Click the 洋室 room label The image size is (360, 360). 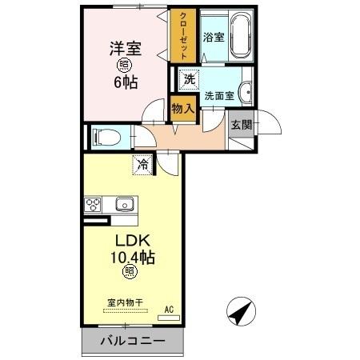126,47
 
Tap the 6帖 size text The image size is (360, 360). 126,82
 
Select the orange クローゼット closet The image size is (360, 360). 182,35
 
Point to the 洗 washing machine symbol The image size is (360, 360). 189,79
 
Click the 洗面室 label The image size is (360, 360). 218,96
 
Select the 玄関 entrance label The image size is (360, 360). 240,125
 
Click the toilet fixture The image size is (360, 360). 106,138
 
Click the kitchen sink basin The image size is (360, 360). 126,203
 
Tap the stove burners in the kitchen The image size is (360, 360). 94,204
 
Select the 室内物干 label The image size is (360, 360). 125,303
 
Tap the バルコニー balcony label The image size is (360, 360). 133,342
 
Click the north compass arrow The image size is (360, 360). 241,312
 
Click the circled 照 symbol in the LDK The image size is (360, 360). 129,273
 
